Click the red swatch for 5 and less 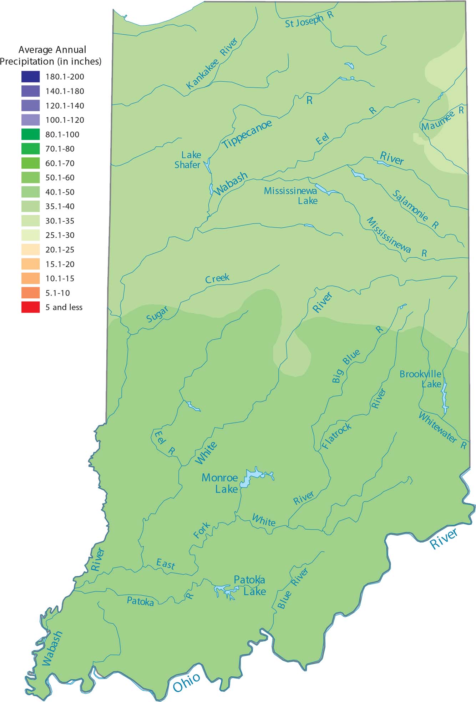point(30,307)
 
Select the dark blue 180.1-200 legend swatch point(30,77)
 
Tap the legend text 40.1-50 point(60,192)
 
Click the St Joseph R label point(309,20)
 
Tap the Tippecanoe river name point(247,134)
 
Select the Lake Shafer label point(188,160)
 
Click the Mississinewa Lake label point(291,196)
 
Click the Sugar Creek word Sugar point(157,314)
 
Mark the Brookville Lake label point(421,379)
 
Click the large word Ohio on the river point(187,682)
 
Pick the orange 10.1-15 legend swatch point(30,278)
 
